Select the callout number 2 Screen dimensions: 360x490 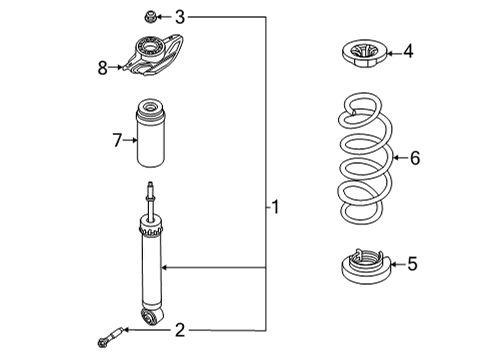[x=180, y=329]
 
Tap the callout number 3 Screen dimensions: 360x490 [x=180, y=16]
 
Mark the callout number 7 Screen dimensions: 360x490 [x=117, y=140]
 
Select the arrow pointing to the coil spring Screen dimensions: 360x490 [x=396, y=157]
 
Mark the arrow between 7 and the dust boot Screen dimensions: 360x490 [x=129, y=140]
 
